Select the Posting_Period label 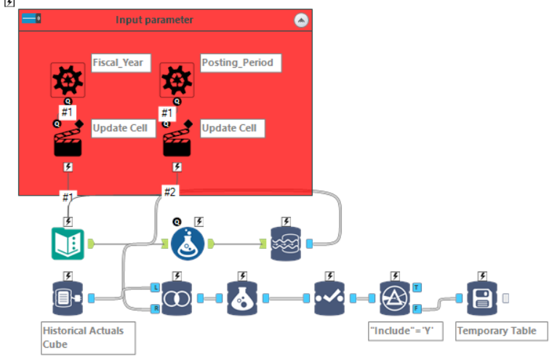pos(238,63)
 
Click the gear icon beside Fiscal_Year pos(68,79)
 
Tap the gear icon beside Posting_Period pos(177,79)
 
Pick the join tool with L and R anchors pos(177,298)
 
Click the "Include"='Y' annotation pos(406,331)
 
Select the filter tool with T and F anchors pos(395,298)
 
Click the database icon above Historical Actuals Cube pos(68,298)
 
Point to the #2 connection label pos(169,192)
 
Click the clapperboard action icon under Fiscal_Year pos(68,140)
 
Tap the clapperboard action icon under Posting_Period pos(177,140)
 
